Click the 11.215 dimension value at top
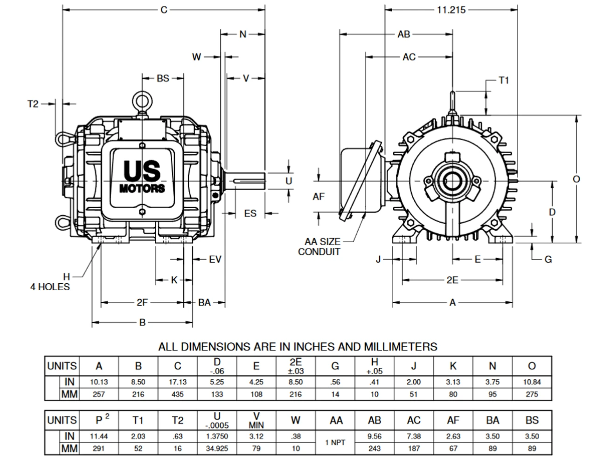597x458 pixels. (x=451, y=10)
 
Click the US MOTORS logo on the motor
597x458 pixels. (x=142, y=176)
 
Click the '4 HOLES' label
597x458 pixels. (x=50, y=287)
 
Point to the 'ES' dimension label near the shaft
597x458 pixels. (x=250, y=213)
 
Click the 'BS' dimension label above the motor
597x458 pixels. (x=163, y=78)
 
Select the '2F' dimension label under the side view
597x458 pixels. (x=142, y=303)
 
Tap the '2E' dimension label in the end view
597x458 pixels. (x=452, y=280)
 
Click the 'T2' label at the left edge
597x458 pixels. (x=33, y=103)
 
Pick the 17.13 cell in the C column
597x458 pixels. (x=178, y=382)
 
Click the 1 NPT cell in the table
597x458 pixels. (x=335, y=442)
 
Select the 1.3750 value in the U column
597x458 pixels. (x=217, y=437)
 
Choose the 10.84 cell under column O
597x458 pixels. (x=532, y=382)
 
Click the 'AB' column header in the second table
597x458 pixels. (x=375, y=421)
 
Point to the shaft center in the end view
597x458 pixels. (x=452, y=181)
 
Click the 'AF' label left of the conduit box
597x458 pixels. (x=319, y=197)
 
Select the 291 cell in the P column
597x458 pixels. (x=99, y=449)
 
